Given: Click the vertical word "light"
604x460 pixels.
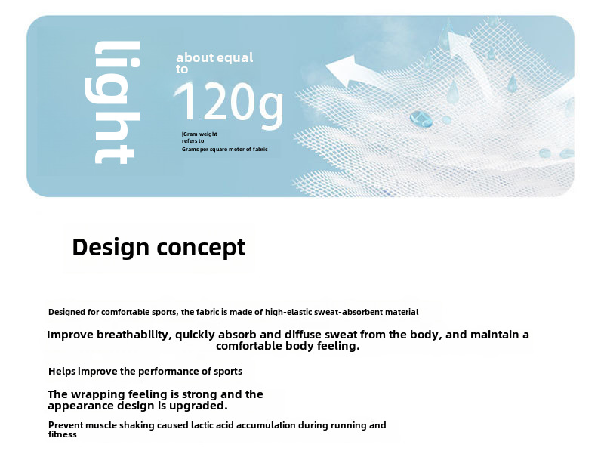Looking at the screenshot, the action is coord(112,103).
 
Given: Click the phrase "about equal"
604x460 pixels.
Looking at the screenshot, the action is coord(214,57).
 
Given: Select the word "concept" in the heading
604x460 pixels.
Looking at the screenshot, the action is coord(201,248).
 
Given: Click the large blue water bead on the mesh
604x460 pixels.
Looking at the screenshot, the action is coord(421,119).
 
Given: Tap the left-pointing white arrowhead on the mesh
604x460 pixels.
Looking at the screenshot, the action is coord(345,71).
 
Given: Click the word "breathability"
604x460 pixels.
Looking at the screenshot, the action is coord(133,335).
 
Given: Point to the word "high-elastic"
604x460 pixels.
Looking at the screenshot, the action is coord(288,313).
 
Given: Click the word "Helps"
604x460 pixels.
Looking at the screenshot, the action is coord(62,372).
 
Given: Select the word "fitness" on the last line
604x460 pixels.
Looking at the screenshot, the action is coord(63,434).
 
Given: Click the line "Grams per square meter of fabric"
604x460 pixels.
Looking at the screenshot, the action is coord(224,149).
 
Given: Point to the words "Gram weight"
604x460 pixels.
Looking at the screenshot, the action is coord(200,134).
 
